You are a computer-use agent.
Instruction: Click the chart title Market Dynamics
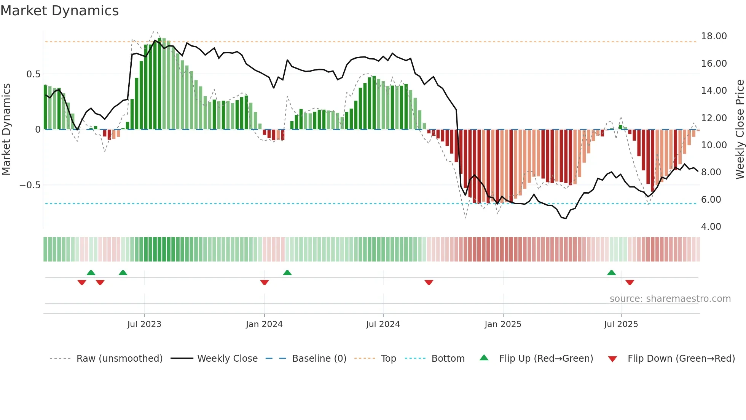[59, 11]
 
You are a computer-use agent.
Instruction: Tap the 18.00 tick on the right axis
[714, 36]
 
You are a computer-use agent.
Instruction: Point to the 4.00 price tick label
[711, 227]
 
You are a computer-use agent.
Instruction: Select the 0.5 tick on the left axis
[33, 74]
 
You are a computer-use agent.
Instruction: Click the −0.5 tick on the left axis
[30, 185]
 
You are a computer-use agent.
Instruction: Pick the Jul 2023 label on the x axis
[144, 324]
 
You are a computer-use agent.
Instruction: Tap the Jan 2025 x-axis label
[503, 324]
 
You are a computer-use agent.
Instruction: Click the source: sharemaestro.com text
[670, 299]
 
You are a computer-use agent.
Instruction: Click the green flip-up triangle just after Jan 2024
[287, 273]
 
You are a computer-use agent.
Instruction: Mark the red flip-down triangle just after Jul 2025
[630, 282]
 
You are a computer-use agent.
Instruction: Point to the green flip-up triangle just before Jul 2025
[611, 273]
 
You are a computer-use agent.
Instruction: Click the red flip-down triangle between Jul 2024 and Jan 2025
[429, 282]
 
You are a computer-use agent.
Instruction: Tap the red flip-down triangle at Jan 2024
[265, 282]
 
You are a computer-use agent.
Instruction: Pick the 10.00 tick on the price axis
[714, 145]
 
